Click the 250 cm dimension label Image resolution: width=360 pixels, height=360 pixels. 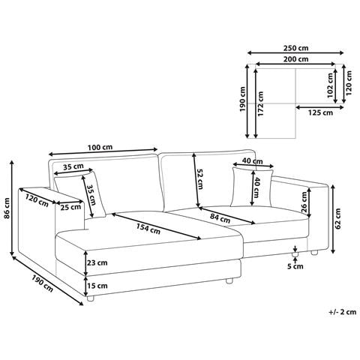295,47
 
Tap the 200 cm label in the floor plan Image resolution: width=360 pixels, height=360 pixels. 295,59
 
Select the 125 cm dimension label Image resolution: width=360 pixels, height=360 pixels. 320,112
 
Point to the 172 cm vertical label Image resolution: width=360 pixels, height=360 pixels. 260,103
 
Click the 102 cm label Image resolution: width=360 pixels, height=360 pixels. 330,85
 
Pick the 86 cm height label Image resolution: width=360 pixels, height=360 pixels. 7,208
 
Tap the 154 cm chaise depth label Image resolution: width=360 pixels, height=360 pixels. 148,229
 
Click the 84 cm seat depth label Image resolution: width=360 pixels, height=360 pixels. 220,218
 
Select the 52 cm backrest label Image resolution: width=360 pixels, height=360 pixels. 200,179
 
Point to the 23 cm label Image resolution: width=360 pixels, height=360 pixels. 97,262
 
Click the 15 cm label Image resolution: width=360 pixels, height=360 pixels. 97,286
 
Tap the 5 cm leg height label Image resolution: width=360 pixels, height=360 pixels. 295,266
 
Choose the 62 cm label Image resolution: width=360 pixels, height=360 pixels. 337,218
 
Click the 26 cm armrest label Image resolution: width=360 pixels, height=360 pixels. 304,202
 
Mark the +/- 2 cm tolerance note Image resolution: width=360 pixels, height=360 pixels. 342,312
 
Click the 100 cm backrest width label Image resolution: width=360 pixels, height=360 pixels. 100,147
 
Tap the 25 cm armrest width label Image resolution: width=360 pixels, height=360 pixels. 70,207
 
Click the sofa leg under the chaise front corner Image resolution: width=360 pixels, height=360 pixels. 90,298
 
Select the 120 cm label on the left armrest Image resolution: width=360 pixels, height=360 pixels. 37,200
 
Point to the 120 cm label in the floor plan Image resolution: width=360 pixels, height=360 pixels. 349,82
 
